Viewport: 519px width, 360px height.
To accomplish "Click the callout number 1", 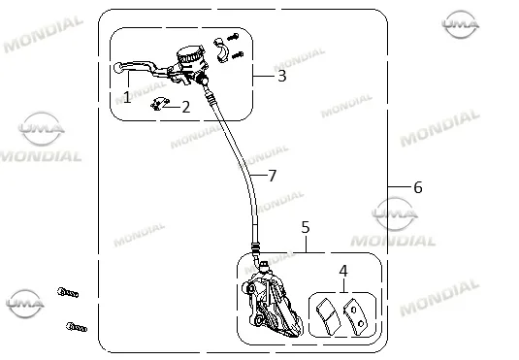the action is (127, 97).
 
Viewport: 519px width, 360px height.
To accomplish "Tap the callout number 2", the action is (186, 107).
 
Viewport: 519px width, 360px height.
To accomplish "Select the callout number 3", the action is (281, 76).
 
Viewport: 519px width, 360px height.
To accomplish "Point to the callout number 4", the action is (343, 271).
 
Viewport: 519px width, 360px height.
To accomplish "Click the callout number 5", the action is (306, 227).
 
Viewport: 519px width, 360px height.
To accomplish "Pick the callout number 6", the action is (418, 187).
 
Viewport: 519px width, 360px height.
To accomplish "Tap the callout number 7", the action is (272, 176).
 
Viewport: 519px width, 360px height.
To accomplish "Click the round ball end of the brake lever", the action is (117, 68).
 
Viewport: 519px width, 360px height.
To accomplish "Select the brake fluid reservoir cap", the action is (190, 54).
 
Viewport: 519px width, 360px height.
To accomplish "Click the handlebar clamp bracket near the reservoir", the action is (222, 49).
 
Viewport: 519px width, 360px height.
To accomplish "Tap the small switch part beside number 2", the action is (160, 104).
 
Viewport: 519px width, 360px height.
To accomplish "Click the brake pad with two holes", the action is (355, 316).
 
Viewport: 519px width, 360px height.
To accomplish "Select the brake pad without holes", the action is (328, 316).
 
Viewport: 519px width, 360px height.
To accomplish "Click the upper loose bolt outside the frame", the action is (68, 292).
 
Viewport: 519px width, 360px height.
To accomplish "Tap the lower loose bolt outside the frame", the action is (77, 327).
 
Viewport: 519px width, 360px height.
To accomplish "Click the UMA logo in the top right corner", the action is (461, 24).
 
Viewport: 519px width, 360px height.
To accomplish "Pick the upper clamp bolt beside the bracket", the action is (234, 37).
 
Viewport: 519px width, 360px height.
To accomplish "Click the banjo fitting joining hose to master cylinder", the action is (202, 80).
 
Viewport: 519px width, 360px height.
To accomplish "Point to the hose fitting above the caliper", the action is (256, 251).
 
